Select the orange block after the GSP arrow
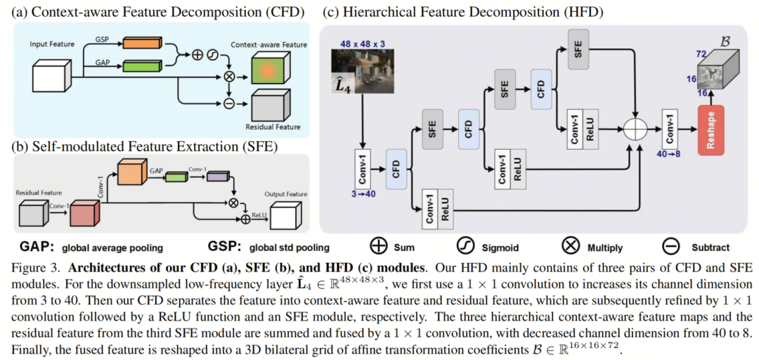coord(143,43)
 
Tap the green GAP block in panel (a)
coord(143,67)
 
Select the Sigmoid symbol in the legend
coord(466,246)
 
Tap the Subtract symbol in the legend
coord(671,246)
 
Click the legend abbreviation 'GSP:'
coord(224,247)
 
